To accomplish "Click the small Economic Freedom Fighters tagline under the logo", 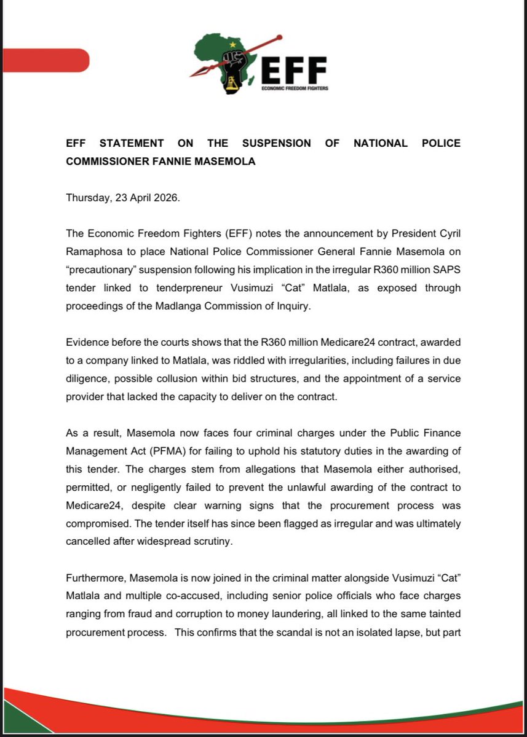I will pyautogui.click(x=294, y=88).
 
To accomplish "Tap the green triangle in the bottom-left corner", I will pyautogui.click(x=15, y=722).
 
